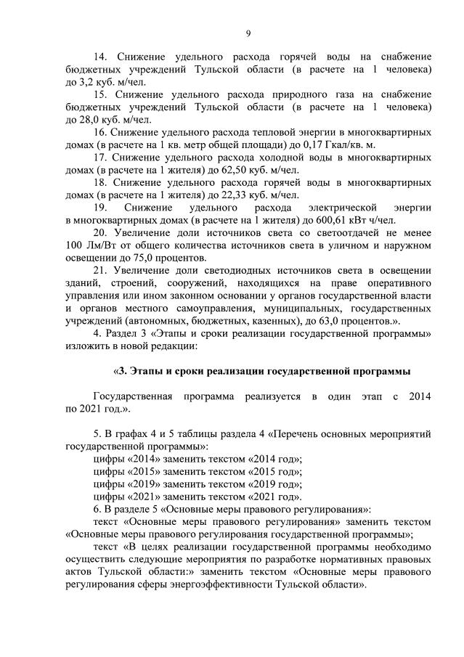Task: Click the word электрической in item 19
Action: pyautogui.click(x=333, y=208)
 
